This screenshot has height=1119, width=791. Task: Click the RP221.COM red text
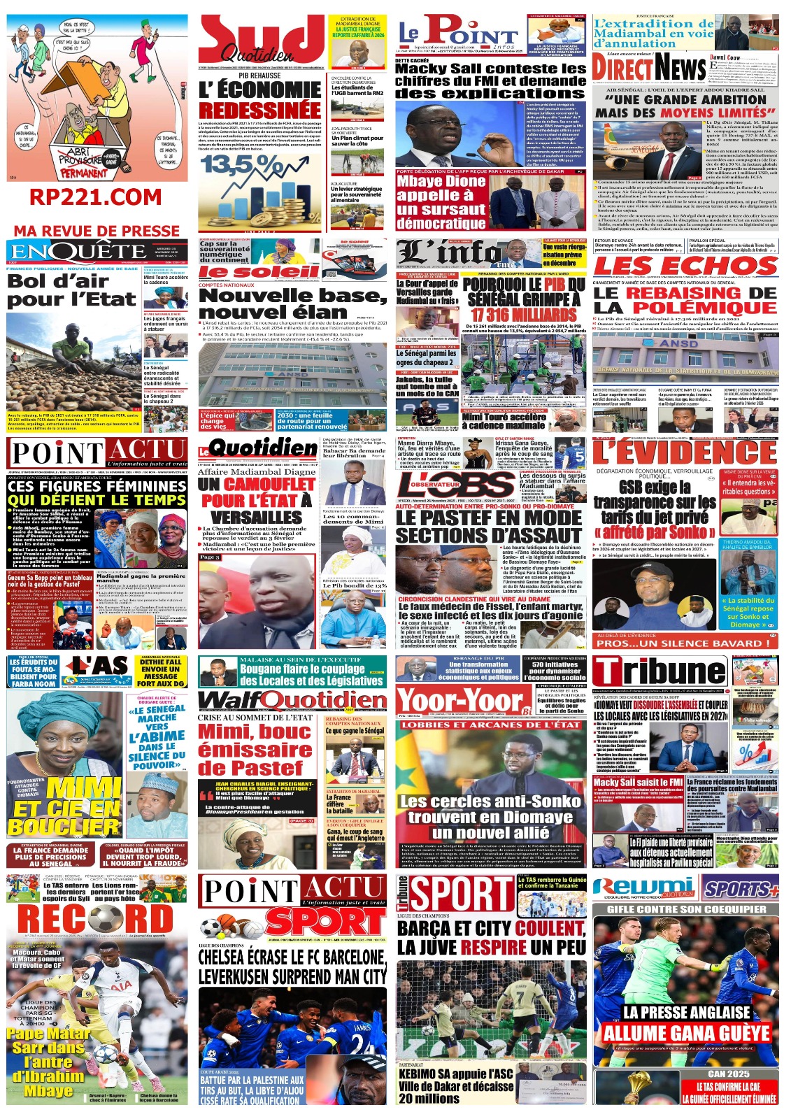coord(96,198)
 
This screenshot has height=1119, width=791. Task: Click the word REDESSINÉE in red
coord(259,110)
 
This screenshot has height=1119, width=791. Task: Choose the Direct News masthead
coord(649,69)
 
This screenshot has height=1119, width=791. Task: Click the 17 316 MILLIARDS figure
coord(525,315)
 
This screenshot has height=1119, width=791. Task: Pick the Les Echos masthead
coord(685,266)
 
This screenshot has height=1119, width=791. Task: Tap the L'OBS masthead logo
coord(455,485)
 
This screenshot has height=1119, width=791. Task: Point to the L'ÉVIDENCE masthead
coord(685,452)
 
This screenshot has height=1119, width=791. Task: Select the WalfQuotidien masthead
coord(292,700)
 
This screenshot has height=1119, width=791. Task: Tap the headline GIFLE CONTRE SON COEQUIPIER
coord(686,909)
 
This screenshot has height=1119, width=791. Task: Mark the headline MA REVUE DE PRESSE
coord(97,231)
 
